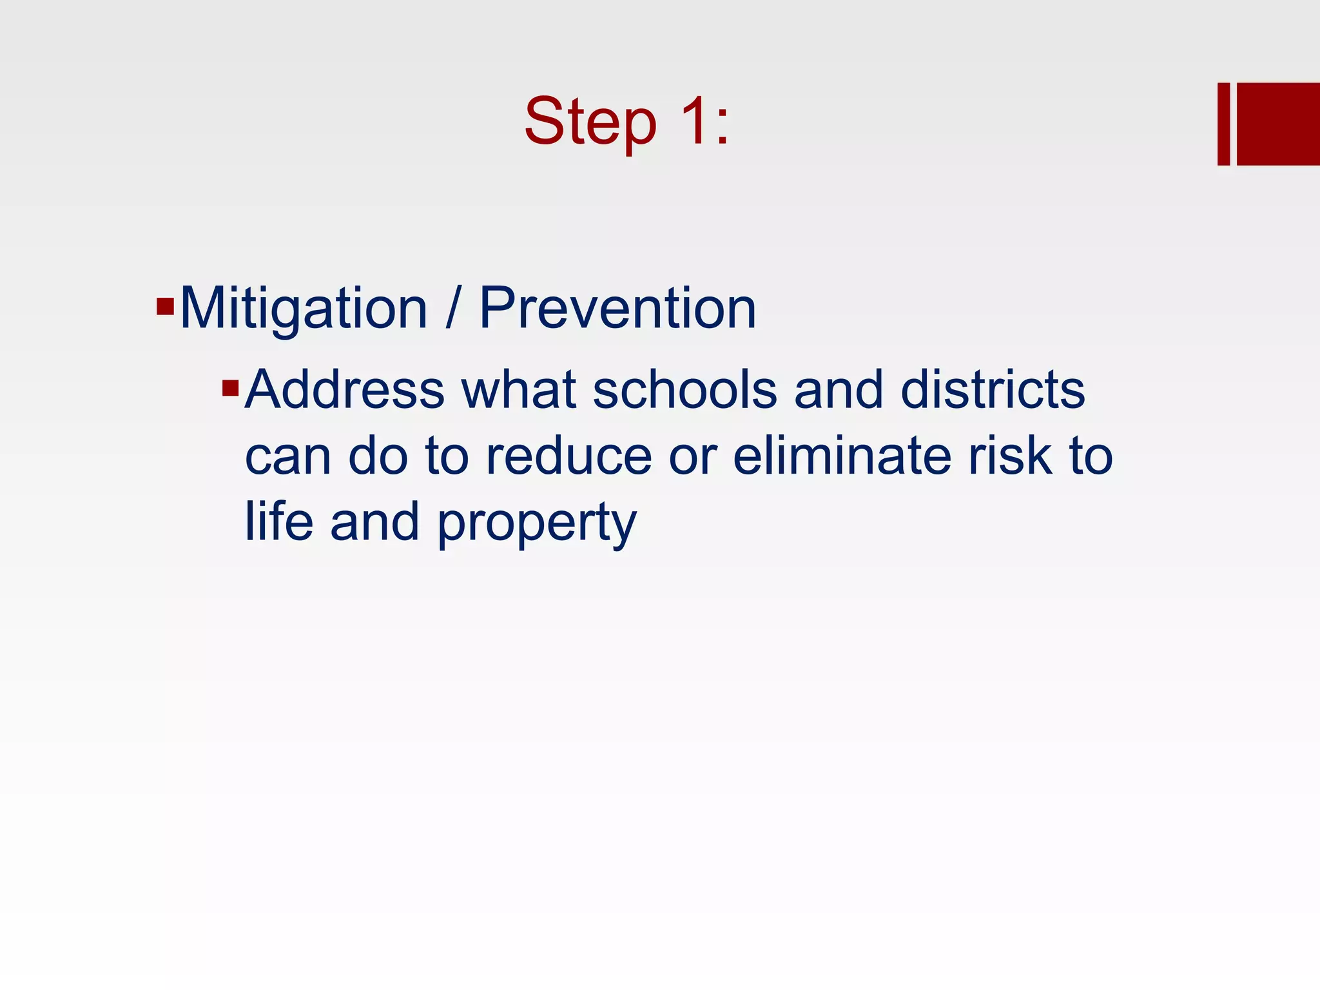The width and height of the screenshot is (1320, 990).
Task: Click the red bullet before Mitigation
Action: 165,306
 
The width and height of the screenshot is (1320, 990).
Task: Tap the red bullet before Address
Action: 230,388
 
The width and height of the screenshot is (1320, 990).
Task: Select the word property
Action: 537,523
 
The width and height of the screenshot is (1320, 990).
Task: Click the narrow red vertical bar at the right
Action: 1223,124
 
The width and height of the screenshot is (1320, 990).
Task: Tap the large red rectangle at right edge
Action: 1278,124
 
